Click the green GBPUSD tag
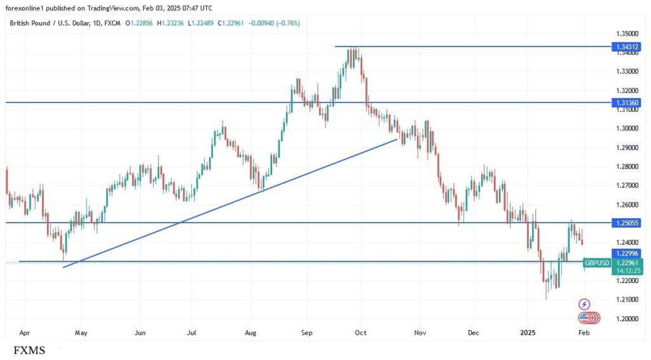point(596,263)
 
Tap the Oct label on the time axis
point(360,333)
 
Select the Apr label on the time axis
point(25,333)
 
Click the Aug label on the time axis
point(251,333)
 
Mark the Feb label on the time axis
point(584,333)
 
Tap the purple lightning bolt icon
point(584,304)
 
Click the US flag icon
point(584,317)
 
